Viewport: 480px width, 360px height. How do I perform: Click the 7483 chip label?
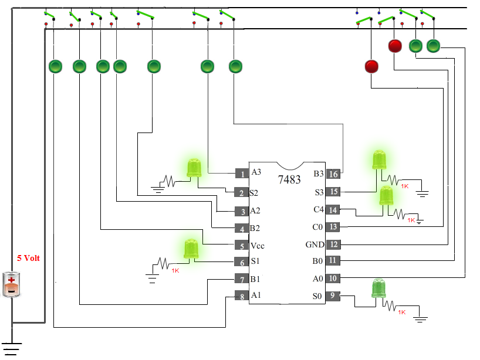(289, 179)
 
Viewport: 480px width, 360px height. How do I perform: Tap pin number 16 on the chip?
(333, 174)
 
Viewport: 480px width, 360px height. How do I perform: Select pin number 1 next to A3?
(242, 174)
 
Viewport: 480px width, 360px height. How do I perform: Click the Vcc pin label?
(257, 246)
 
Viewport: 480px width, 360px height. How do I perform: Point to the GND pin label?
(315, 244)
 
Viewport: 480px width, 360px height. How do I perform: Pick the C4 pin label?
(319, 209)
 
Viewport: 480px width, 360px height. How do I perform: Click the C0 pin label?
(317, 227)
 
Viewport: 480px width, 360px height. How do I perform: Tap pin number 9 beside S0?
(333, 296)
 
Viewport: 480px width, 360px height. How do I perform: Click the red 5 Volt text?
(28, 258)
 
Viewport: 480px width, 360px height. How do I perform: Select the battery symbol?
(11, 284)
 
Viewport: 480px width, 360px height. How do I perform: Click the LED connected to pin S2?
(194, 168)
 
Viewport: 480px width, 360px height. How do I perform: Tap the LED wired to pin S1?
(191, 249)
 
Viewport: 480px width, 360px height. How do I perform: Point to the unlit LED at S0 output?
(378, 288)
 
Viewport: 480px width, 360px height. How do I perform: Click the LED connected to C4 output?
(386, 196)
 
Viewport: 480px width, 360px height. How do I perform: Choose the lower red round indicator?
(371, 66)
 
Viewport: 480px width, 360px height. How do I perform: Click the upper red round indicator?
(395, 46)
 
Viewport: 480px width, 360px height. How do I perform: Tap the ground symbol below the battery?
(12, 349)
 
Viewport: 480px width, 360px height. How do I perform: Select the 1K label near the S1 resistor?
(175, 271)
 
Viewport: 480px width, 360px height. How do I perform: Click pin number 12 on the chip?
(333, 244)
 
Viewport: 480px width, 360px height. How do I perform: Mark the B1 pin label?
(255, 279)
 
